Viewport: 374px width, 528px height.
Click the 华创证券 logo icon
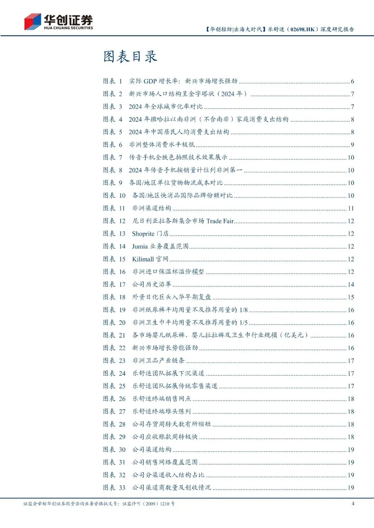33,22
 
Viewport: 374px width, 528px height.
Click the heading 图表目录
130,57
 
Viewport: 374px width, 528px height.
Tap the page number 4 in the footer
353,503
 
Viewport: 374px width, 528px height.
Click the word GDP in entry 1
150,81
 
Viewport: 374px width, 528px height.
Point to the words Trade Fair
220,221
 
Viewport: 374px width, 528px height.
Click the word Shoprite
143,234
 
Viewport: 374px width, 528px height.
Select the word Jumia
140,247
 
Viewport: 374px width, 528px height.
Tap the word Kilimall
143,259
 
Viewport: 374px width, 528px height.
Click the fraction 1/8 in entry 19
243,310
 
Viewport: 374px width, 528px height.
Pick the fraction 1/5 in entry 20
243,323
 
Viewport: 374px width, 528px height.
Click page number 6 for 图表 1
352,81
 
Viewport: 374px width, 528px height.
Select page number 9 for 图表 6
352,145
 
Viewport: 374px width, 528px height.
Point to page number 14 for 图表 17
351,285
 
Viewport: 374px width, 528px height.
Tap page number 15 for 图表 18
351,297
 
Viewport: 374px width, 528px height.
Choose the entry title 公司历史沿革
152,285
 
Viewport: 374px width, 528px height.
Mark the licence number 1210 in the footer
164,504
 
